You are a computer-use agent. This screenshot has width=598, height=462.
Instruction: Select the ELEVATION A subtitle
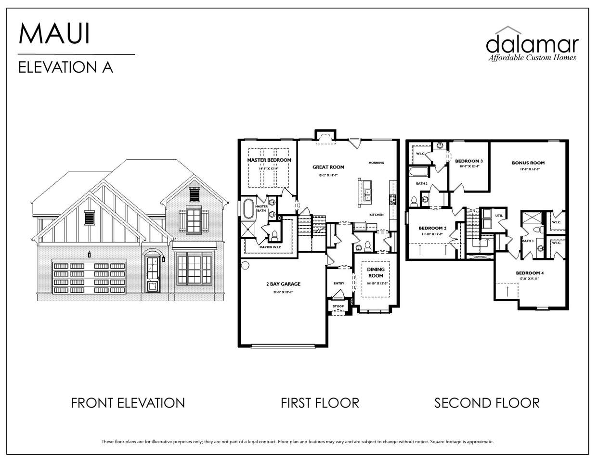click(x=65, y=67)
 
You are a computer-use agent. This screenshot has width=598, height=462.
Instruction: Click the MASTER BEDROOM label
click(x=269, y=160)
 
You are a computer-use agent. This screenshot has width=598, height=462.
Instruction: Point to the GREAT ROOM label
click(x=328, y=167)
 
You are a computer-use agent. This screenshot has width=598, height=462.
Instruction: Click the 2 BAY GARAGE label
click(x=283, y=284)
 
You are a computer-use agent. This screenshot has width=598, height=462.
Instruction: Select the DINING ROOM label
click(x=376, y=272)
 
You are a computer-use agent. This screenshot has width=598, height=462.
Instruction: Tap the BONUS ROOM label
click(x=528, y=163)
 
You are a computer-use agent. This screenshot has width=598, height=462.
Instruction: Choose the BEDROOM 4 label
click(x=530, y=273)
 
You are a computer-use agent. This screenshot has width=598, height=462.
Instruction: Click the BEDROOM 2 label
click(x=432, y=228)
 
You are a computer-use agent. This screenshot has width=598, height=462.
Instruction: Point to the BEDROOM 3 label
click(x=469, y=161)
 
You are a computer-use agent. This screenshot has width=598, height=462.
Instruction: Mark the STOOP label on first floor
click(x=338, y=306)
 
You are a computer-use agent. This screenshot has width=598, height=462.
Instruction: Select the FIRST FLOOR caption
click(x=320, y=403)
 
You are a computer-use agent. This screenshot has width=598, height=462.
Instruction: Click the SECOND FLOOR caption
click(x=486, y=403)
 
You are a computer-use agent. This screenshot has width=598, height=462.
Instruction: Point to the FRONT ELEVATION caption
click(x=128, y=403)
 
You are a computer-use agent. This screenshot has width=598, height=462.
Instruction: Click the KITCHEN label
click(x=376, y=215)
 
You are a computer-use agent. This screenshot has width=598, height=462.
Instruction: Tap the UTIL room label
click(x=499, y=216)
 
